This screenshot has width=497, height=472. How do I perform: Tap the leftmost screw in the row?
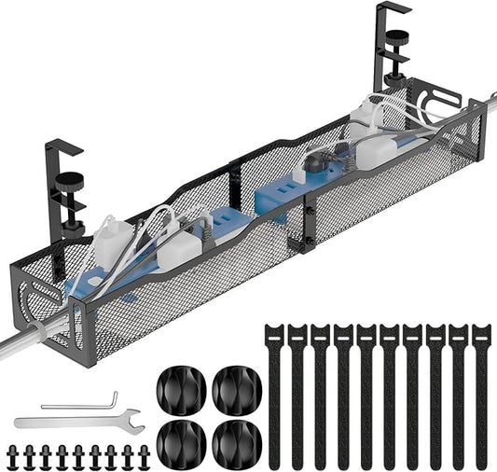(x=12, y=456)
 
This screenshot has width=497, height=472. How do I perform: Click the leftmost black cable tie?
(x=275, y=392)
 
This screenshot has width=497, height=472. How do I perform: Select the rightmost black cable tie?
(x=480, y=392)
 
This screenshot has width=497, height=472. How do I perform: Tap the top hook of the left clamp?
(x=62, y=145)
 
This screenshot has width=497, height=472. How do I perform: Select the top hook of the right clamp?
(x=392, y=9)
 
